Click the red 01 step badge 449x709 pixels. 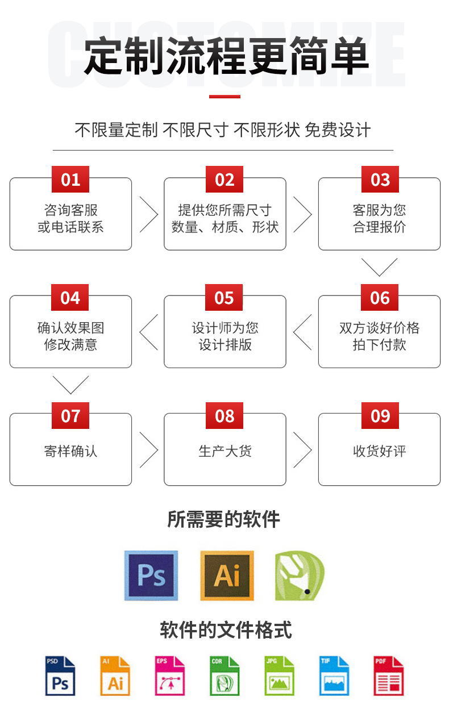70,180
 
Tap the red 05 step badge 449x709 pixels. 224,298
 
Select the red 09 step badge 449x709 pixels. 380,416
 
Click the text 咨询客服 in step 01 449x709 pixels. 70,210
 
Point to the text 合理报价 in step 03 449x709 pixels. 379,227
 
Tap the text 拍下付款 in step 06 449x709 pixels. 379,345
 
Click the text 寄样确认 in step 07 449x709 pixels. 70,451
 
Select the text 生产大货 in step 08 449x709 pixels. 224,451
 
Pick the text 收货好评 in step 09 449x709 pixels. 379,451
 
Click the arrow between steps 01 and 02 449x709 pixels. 148,215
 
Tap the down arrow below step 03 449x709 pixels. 379,266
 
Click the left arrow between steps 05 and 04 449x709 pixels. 148,332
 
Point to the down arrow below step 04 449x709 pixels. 70,385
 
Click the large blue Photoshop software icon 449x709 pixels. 151,575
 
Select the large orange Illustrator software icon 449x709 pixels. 227,575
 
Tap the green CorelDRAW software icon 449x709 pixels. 299,575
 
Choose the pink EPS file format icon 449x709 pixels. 170,676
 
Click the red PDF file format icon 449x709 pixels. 388,676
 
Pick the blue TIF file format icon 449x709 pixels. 334,676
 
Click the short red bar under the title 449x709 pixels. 224,97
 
